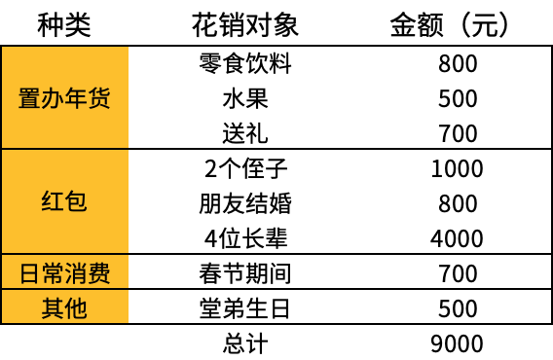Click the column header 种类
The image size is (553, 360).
(64, 25)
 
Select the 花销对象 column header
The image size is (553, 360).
(245, 25)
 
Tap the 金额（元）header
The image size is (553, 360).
(450, 25)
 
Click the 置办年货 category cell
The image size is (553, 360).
(64, 98)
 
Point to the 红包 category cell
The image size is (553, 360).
(64, 201)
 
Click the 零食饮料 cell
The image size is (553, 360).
(245, 63)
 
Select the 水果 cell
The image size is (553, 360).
(245, 98)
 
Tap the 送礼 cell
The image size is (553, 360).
(245, 133)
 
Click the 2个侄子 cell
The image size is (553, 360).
(245, 168)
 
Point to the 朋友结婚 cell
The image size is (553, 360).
(245, 203)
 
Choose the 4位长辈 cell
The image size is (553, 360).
(245, 238)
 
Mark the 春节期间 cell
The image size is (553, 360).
(245, 273)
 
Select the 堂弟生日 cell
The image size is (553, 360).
(245, 308)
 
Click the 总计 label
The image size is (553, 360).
(245, 343)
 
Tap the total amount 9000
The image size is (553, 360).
(457, 343)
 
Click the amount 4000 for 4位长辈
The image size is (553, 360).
(457, 238)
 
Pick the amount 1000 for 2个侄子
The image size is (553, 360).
(457, 168)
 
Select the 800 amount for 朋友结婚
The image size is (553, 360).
(458, 203)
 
